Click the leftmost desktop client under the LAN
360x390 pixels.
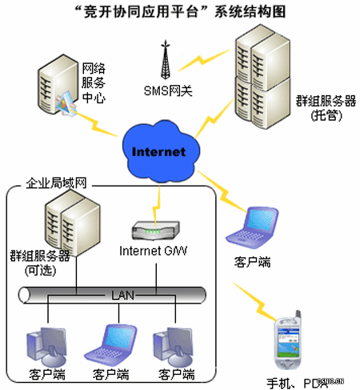pos(45,344)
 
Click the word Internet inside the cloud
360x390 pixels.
pos(158,151)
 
